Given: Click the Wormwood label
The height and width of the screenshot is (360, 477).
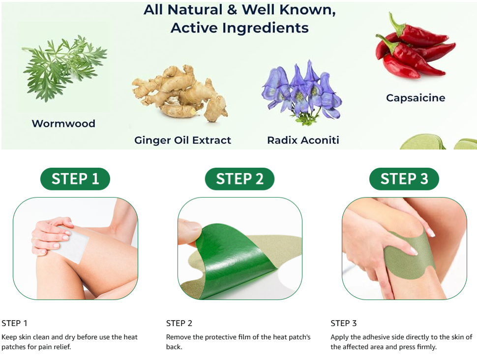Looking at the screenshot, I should (x=63, y=123).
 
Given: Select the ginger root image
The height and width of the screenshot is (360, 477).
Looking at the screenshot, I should (x=180, y=93).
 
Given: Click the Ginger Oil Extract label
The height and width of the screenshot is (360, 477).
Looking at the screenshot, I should (x=182, y=140).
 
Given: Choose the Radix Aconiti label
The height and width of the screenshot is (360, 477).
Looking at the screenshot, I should (x=303, y=140).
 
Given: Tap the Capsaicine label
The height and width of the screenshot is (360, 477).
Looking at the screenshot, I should (x=416, y=98).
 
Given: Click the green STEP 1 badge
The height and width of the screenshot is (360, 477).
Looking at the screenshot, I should (x=75, y=179).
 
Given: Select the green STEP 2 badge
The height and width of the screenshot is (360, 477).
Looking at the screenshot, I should (x=239, y=179).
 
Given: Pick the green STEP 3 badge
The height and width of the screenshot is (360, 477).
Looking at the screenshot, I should (x=404, y=179).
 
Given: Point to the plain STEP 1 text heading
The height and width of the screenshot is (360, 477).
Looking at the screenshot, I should (x=14, y=323).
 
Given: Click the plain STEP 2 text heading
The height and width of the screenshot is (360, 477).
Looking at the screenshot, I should (x=179, y=323).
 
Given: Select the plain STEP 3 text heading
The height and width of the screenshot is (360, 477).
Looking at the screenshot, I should (x=343, y=323).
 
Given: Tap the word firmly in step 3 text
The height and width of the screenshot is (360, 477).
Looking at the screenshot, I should (x=425, y=347).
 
